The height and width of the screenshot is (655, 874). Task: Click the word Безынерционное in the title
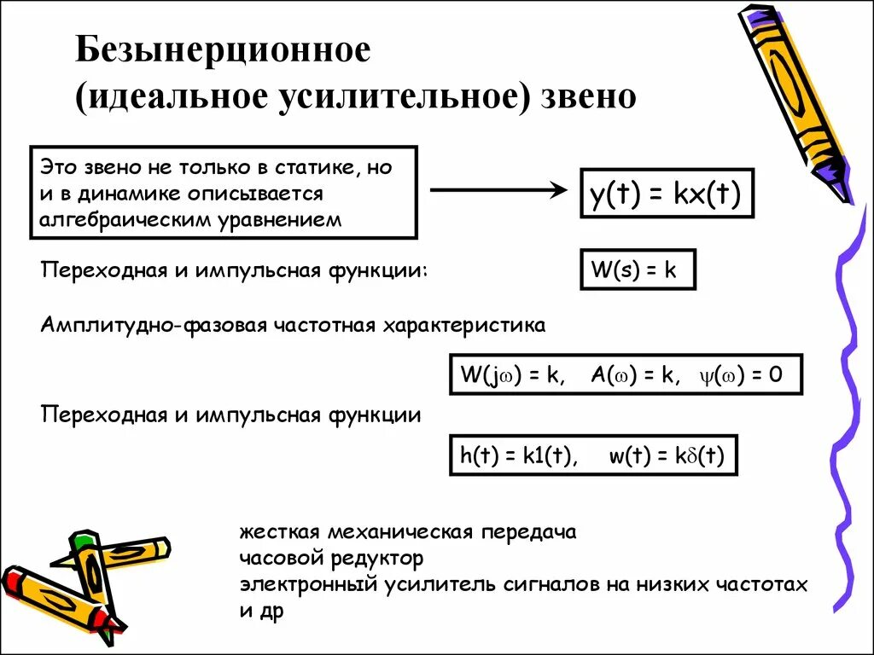pyautogui.click(x=224, y=51)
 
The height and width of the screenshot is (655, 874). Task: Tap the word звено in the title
pyautogui.click(x=589, y=96)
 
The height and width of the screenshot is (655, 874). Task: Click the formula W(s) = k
pyautogui.click(x=638, y=271)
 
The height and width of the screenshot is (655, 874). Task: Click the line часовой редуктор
pyautogui.click(x=331, y=559)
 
